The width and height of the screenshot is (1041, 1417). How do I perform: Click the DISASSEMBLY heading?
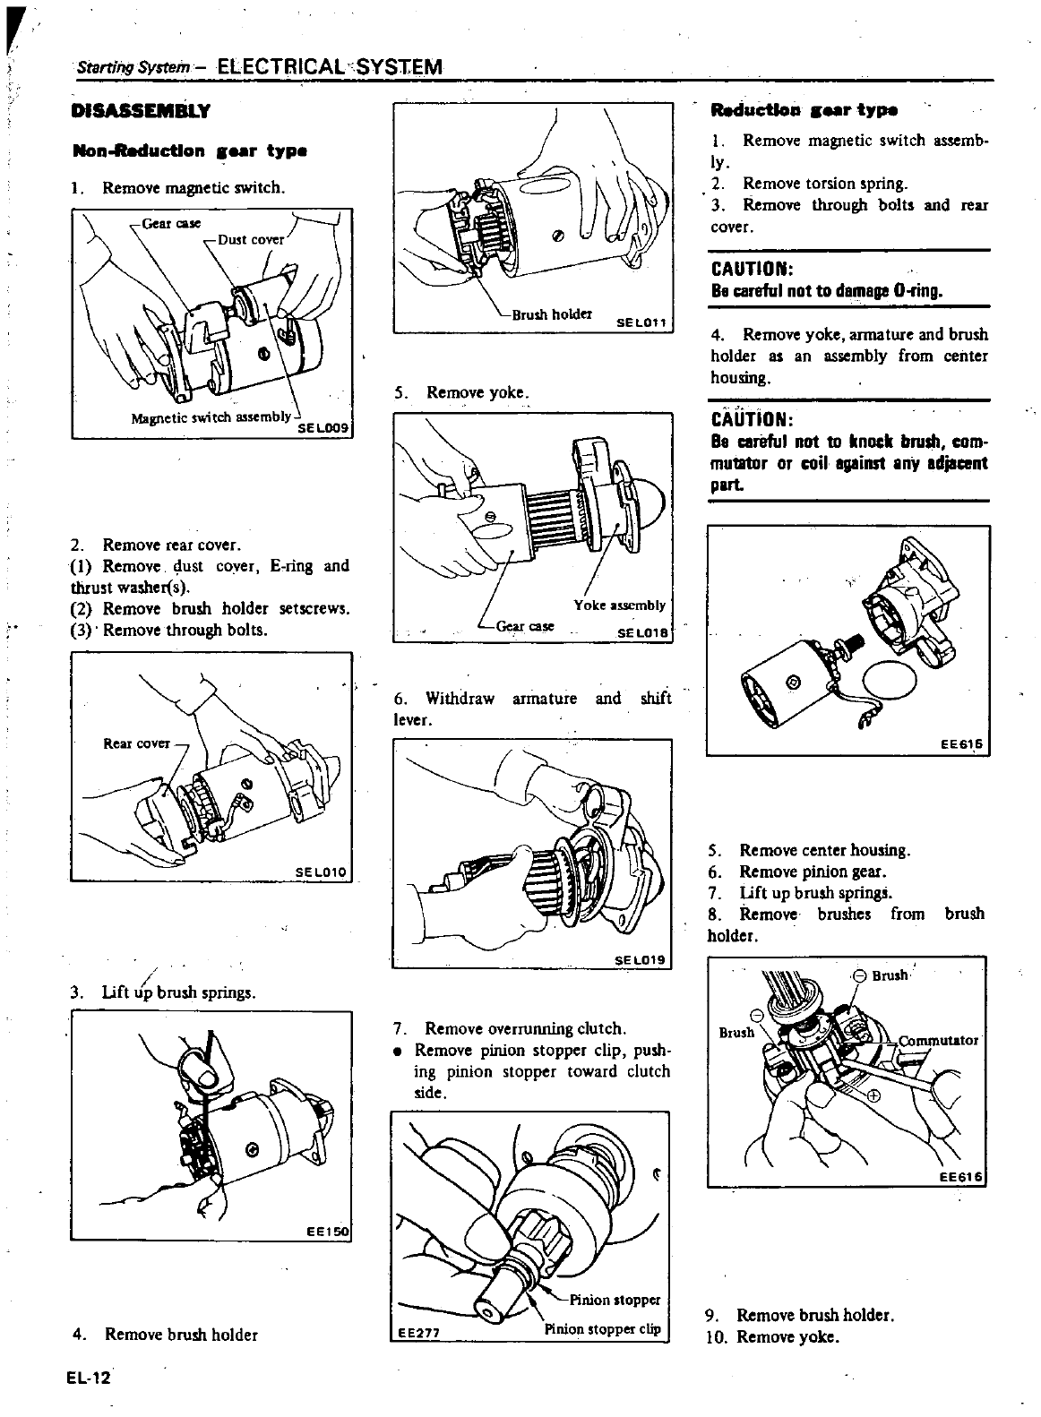coord(141,112)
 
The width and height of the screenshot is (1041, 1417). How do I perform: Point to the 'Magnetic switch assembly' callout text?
coord(211,417)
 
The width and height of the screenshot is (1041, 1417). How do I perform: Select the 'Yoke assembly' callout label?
coord(619,605)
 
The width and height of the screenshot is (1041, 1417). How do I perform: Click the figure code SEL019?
coord(640,960)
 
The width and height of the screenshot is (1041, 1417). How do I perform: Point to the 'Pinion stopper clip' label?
coord(602,1329)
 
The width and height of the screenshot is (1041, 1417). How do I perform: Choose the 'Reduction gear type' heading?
coord(803,111)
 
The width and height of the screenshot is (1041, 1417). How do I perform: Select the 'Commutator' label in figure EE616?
coord(937,1041)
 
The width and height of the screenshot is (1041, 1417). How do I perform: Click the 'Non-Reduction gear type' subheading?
coord(190,150)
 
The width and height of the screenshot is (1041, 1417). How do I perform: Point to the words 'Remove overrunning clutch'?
coord(525,1028)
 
